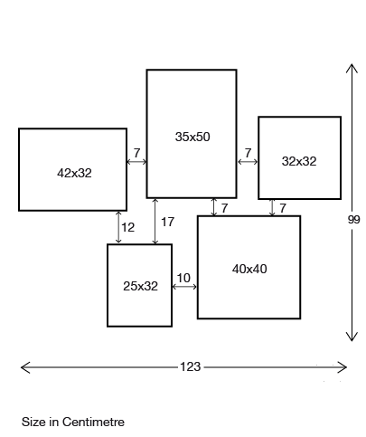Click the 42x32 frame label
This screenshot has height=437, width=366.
point(74,173)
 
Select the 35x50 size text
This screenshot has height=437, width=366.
point(192,137)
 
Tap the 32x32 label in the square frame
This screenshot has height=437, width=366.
point(299,161)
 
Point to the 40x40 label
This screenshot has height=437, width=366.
point(249,269)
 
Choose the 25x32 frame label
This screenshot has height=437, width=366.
point(140,286)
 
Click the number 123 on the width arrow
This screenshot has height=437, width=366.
point(191,366)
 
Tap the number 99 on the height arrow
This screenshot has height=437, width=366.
point(354,220)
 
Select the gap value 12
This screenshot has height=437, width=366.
point(128,227)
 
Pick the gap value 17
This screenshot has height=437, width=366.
point(168,223)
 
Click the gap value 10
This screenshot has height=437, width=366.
point(183,278)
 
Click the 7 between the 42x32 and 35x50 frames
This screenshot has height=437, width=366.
point(136,153)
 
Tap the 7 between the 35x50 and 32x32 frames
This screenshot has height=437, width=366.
point(248,153)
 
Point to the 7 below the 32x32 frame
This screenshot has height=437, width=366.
point(283,208)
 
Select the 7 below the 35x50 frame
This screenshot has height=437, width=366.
point(224,208)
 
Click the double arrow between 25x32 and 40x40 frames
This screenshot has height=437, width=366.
point(184,287)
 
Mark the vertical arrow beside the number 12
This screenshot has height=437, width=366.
point(118,227)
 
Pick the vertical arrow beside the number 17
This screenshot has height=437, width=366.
point(155,221)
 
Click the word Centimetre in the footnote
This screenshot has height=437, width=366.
point(93,422)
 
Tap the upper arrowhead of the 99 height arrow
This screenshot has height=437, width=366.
point(352,69)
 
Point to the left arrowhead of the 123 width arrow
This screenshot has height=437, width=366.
point(25,367)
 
